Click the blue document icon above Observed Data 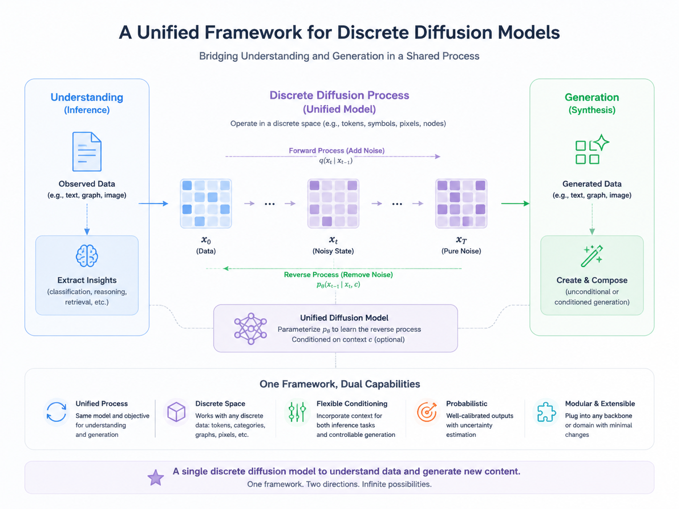tap(87, 151)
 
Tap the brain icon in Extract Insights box tap(87, 256)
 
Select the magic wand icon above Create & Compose tap(592, 256)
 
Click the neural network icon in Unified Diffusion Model tap(250, 329)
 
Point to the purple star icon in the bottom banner tap(156, 478)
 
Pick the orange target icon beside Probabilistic tap(427, 412)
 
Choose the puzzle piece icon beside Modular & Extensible tap(546, 412)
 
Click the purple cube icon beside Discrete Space tap(176, 412)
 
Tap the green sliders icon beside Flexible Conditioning tap(297, 412)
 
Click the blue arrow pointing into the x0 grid tap(153, 203)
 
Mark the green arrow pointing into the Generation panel tap(515, 203)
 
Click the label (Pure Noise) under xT tap(461, 251)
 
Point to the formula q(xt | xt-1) tap(336, 161)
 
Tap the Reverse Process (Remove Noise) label tap(339, 275)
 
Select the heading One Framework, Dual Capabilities tap(339, 384)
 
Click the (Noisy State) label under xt tap(333, 251)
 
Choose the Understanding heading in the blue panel tap(87, 97)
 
